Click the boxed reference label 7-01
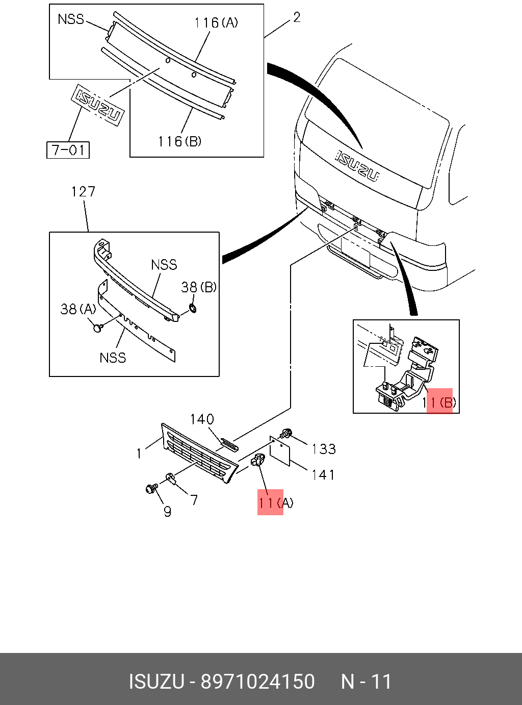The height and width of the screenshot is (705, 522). point(68,150)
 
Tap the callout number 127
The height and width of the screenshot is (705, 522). point(83,192)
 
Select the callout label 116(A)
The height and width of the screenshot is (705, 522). point(216,23)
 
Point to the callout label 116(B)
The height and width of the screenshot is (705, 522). point(180,141)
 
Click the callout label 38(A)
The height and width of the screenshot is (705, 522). point(78,309)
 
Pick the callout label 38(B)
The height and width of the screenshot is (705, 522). point(199,287)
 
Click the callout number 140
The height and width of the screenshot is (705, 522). point(202,419)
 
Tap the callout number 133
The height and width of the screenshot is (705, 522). point(324,449)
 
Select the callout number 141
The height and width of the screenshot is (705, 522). point(323,475)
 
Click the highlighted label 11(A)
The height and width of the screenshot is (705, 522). point(276,503)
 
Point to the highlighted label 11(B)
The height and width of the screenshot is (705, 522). point(439,402)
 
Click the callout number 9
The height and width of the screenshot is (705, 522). point(167,512)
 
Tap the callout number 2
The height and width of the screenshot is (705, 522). point(297,17)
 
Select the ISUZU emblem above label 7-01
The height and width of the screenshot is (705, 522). point(97,105)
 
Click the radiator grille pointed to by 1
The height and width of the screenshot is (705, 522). point(199,454)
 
